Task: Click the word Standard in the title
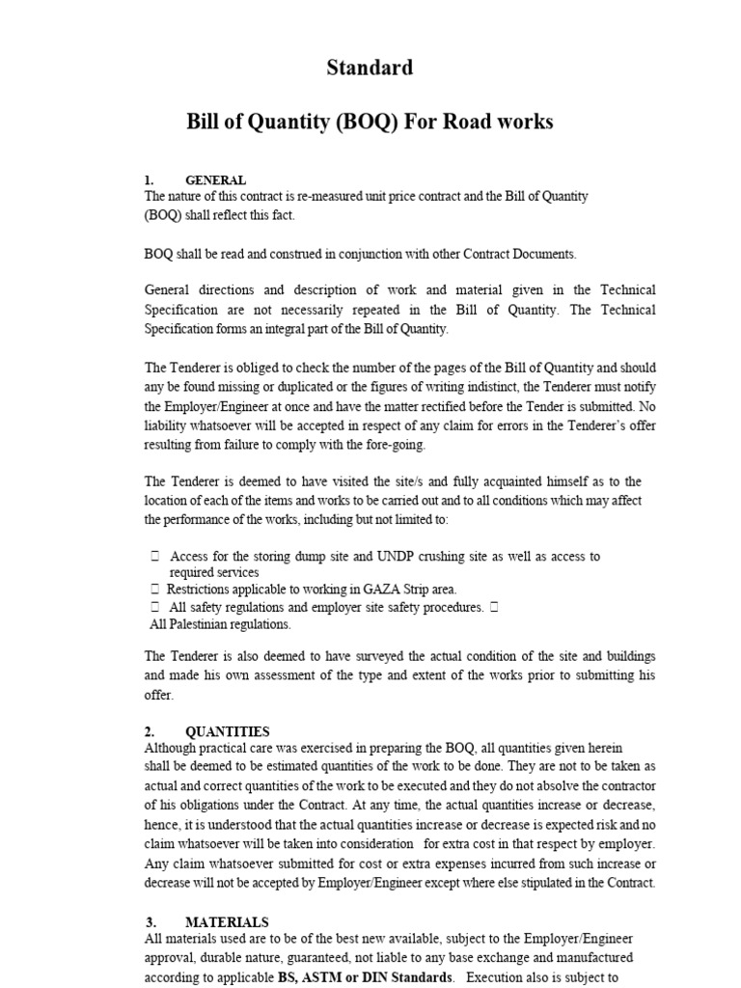coord(370,68)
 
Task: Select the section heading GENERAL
coord(215,180)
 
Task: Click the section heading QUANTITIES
coord(227,731)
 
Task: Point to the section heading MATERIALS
coord(227,922)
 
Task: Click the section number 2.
coord(150,731)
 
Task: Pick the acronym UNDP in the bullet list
coord(390,557)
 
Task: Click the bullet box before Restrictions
coord(154,589)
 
